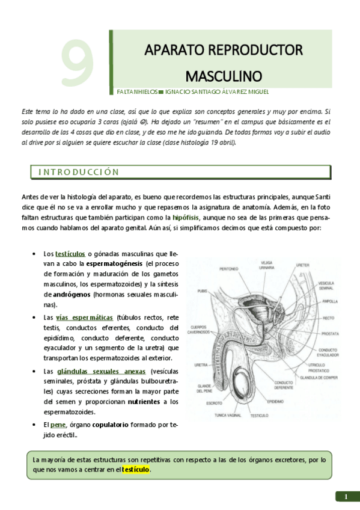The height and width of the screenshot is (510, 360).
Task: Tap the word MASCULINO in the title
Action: coord(224,76)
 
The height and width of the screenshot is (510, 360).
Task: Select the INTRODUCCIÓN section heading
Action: coord(79,171)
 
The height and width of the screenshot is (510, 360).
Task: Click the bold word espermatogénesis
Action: coord(114,264)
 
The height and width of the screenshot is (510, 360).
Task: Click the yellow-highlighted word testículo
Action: coord(136,469)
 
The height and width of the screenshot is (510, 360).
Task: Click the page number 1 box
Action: coord(346,496)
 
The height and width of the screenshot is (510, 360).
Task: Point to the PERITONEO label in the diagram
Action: coord(229,269)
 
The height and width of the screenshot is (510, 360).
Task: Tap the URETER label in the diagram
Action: coord(302,265)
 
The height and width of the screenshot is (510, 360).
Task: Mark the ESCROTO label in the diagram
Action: coord(215,403)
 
